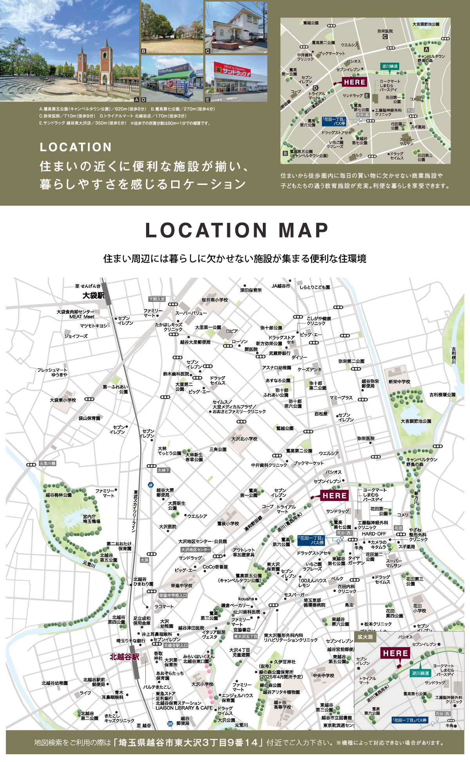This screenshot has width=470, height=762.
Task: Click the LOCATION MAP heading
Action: [x=237, y=230]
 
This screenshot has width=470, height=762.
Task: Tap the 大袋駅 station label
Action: [x=93, y=295]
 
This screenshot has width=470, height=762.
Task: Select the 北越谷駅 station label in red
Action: [x=124, y=657]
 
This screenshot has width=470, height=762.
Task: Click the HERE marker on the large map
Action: [x=334, y=496]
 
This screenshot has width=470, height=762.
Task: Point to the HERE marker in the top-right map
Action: [x=354, y=82]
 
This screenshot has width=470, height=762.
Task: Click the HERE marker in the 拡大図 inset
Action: [x=396, y=653]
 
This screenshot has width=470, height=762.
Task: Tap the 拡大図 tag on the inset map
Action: [x=365, y=637]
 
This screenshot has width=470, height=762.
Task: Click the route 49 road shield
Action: [x=151, y=485]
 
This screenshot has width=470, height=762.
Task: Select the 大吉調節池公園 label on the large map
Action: [x=416, y=421]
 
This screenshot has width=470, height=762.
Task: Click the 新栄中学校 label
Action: [x=399, y=382]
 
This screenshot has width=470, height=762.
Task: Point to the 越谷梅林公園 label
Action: [x=58, y=495]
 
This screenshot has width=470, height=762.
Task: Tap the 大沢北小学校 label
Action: [x=244, y=439]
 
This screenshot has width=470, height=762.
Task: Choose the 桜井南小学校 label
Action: [x=215, y=300]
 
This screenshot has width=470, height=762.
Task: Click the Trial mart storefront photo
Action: [x=172, y=78]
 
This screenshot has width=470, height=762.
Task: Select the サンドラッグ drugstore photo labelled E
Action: [x=236, y=78]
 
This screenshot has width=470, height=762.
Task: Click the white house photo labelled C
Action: [x=236, y=27]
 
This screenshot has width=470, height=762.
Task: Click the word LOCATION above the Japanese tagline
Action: [x=76, y=147]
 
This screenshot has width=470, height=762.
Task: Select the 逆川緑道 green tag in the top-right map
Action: [x=390, y=66]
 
